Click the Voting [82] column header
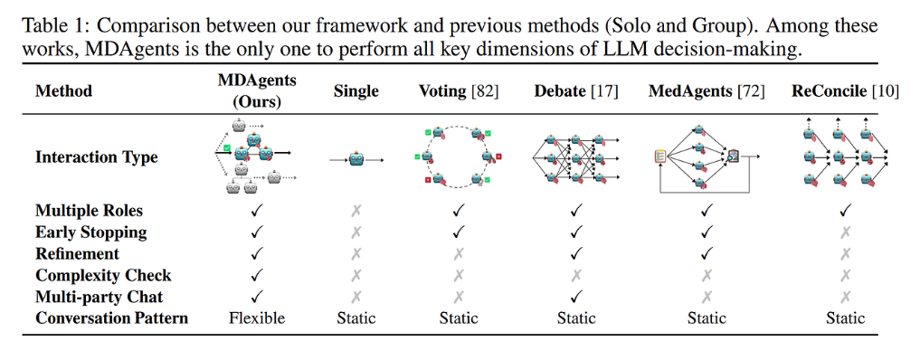click(x=459, y=91)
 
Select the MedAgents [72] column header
click(x=707, y=91)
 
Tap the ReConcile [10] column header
click(x=845, y=91)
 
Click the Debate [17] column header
click(x=575, y=91)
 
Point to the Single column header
click(x=356, y=91)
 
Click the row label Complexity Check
click(x=103, y=276)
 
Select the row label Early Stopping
click(x=91, y=232)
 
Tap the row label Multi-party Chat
click(x=100, y=297)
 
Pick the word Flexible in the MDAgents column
click(x=257, y=317)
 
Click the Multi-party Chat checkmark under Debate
click(x=576, y=297)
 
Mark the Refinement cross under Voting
click(x=459, y=254)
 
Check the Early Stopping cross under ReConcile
click(x=845, y=232)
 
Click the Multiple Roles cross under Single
click(x=356, y=211)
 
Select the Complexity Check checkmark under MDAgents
click(x=257, y=275)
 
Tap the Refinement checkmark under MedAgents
click(x=707, y=254)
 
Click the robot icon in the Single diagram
click(x=356, y=159)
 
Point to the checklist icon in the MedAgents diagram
click(x=659, y=156)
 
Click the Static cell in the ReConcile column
click(x=845, y=317)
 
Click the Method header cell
click(x=64, y=91)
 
